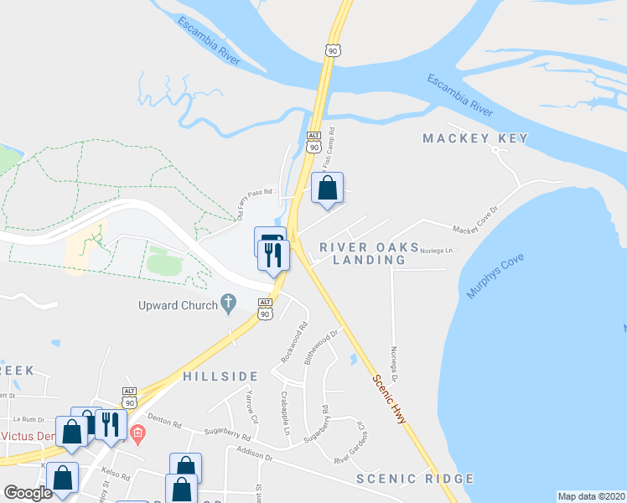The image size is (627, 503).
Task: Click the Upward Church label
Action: [179, 305]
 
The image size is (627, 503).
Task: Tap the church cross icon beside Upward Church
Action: [229, 304]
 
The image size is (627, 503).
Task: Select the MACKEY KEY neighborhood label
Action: [475, 138]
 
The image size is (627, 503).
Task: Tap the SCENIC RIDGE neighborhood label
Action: [415, 479]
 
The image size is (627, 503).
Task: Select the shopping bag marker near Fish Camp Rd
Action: [328, 189]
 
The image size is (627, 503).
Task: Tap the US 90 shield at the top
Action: [334, 51]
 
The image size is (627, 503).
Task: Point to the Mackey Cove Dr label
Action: [475, 228]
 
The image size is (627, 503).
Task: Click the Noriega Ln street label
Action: [437, 250]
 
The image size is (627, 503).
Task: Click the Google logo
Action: [28, 493]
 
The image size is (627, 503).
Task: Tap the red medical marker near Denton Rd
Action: [139, 433]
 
